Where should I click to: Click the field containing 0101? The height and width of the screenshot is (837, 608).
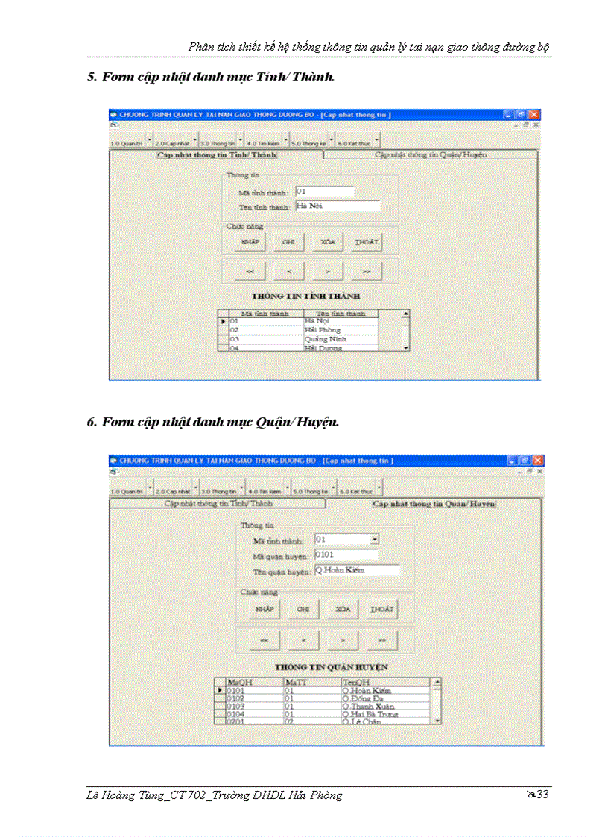pos(346,555)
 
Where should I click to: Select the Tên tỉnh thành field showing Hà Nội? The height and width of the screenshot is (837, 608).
pos(337,206)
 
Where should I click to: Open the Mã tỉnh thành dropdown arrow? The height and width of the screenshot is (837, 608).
pos(375,539)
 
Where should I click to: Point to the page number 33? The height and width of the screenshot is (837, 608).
pos(542,795)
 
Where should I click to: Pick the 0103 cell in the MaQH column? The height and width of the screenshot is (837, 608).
pos(253,707)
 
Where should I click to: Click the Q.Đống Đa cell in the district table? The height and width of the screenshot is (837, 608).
pos(384,698)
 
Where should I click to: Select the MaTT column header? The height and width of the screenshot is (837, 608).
pos(311,682)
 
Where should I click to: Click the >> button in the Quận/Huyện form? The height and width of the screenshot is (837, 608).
pos(381,639)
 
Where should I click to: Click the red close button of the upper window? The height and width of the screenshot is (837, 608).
pos(534,115)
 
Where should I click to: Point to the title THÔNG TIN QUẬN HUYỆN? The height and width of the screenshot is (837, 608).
pos(331,667)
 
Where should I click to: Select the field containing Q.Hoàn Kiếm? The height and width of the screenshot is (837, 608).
pos(356,570)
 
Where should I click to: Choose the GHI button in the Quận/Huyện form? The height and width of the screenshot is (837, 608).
pos(303,609)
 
